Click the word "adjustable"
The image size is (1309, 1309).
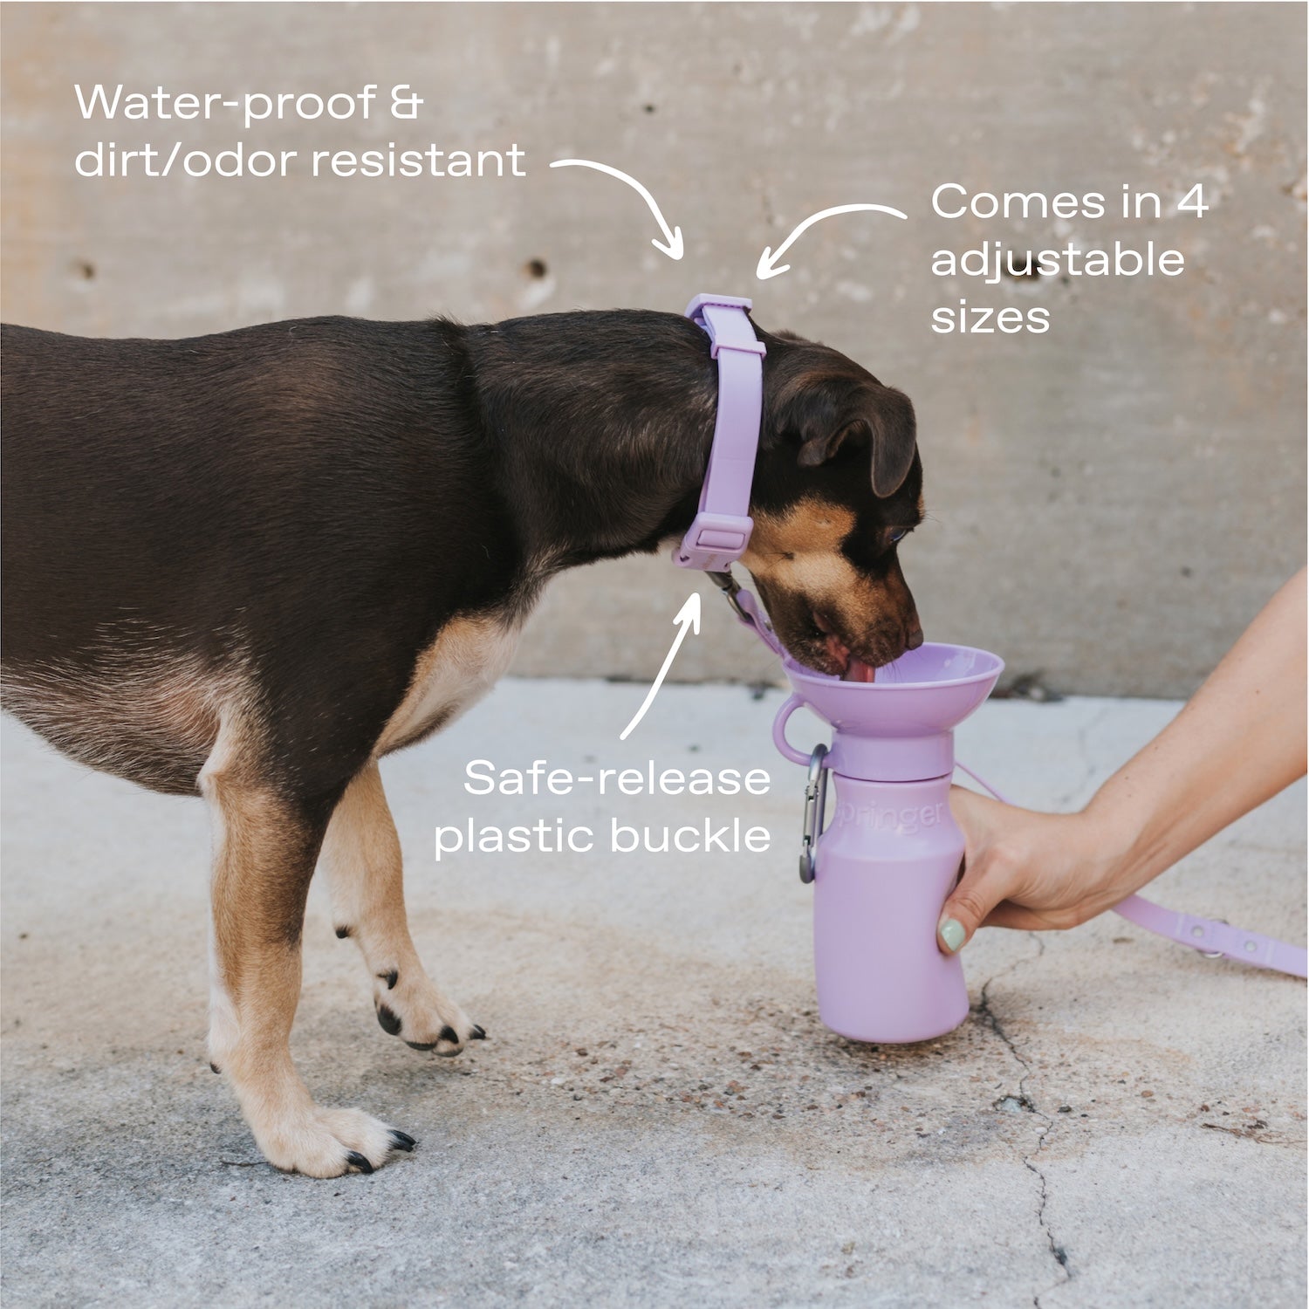coord(1057,260)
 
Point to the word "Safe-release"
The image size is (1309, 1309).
coord(617,778)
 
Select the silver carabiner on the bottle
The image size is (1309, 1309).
coord(812,812)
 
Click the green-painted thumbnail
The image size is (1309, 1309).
coord(951,934)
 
